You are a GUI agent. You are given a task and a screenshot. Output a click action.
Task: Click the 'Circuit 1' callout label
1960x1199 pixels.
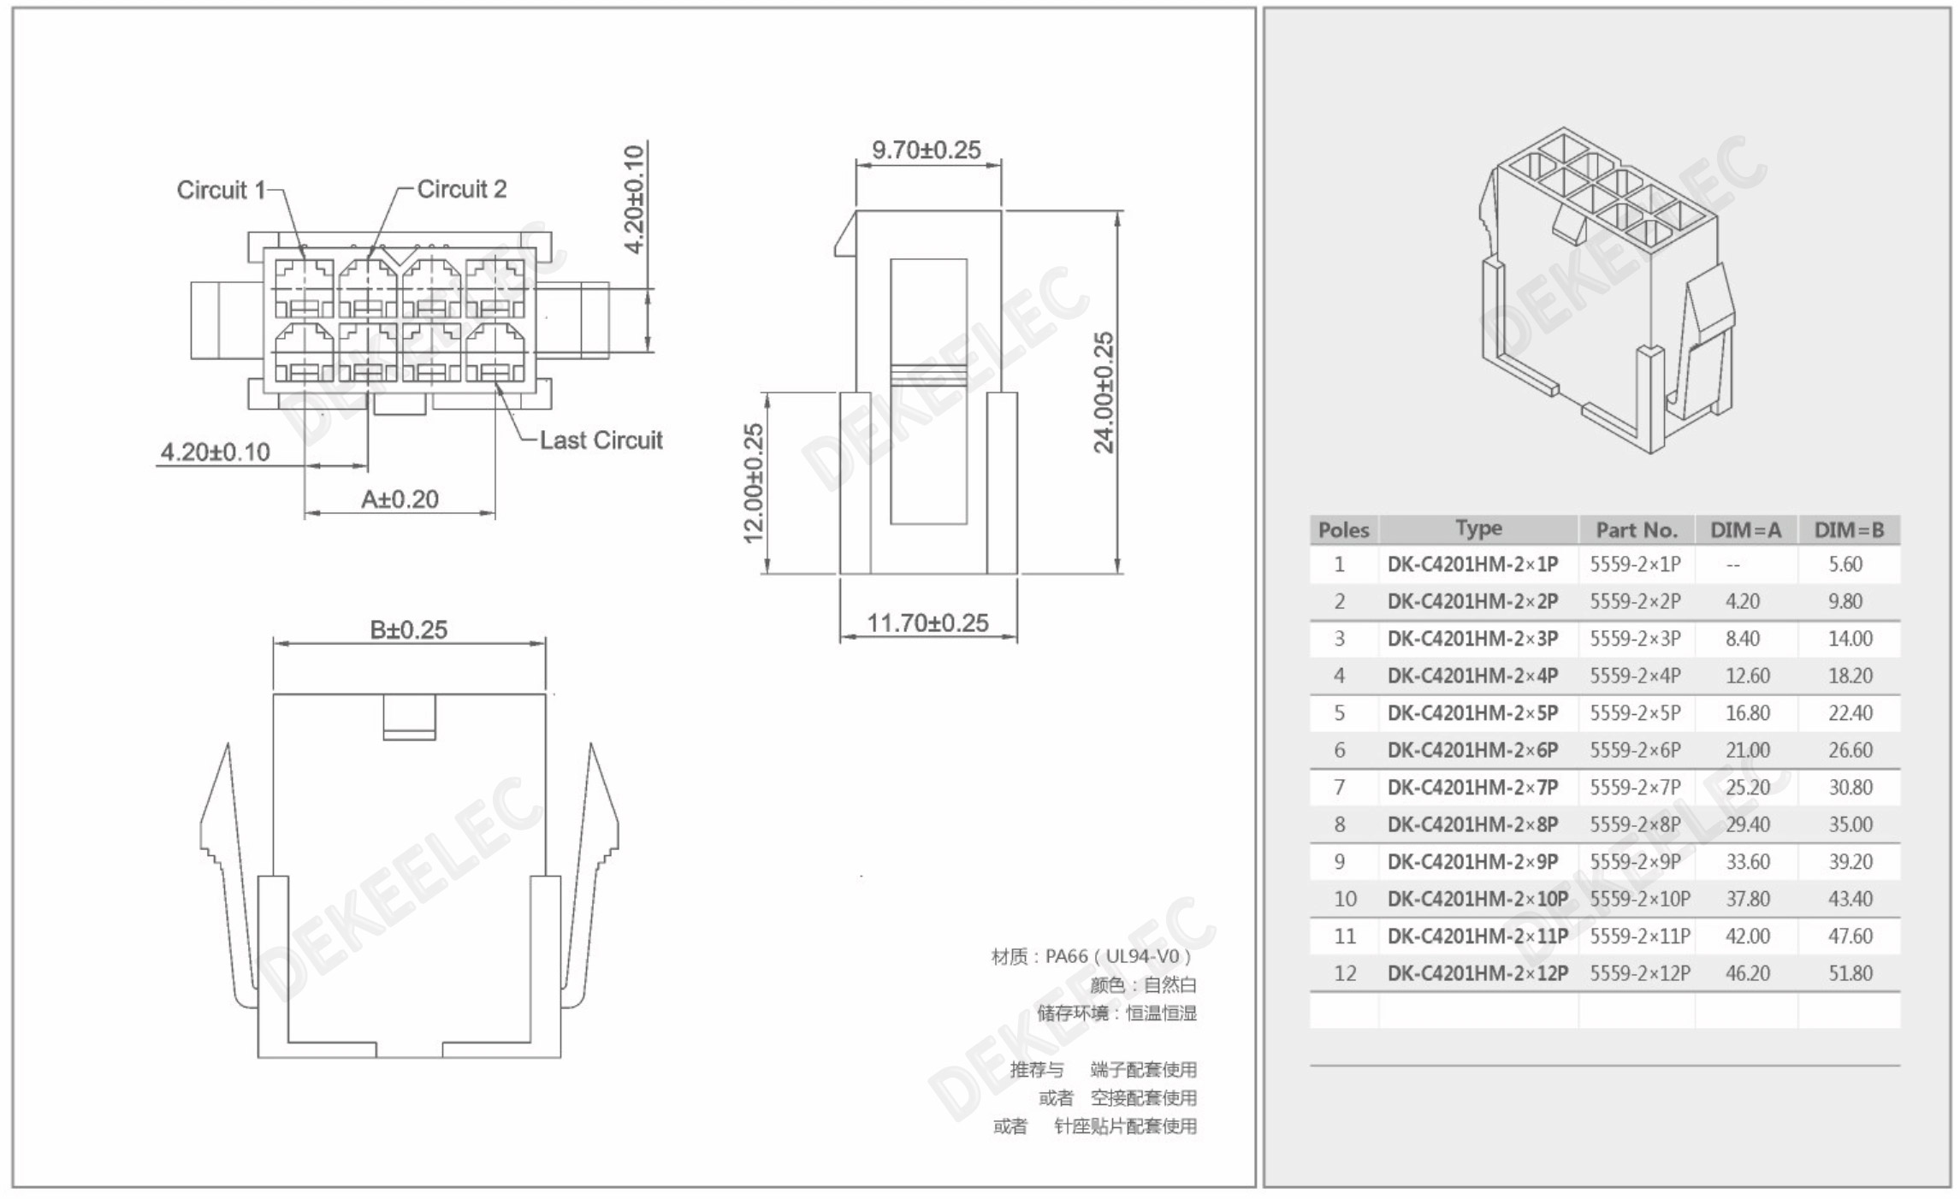[221, 190]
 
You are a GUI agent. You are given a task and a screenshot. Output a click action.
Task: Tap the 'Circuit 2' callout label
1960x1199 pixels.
[462, 189]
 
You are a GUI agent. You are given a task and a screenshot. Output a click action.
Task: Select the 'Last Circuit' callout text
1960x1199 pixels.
[601, 440]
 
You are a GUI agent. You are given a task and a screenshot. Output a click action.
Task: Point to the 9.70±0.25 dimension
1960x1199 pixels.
[927, 150]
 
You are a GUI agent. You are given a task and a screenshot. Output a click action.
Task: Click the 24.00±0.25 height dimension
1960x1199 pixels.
[1104, 393]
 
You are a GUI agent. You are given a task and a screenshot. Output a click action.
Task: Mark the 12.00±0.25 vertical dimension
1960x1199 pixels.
[753, 484]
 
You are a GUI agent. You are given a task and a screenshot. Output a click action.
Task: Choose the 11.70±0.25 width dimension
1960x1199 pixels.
[928, 623]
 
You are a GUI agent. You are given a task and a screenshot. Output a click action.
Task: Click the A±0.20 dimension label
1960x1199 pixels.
[400, 499]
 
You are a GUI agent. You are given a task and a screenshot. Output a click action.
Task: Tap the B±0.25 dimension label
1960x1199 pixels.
[408, 629]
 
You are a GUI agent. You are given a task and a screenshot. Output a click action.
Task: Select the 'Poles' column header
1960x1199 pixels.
[1343, 530]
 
